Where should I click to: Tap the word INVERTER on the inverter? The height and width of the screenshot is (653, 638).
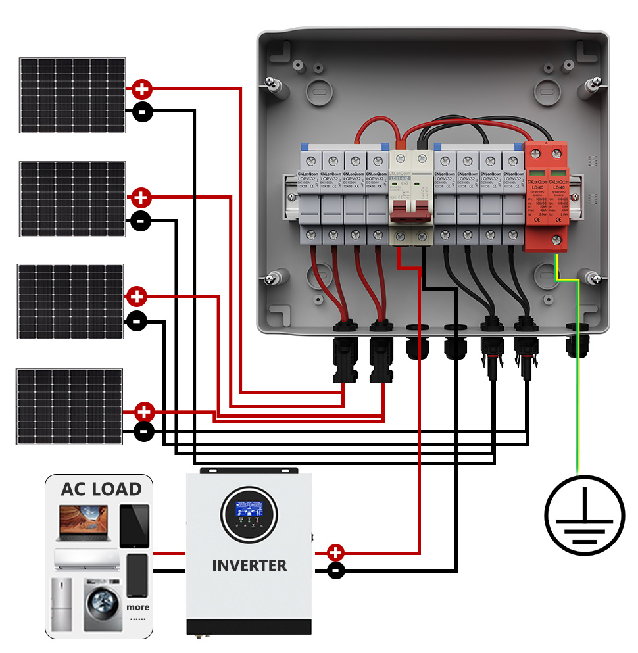[x=249, y=566]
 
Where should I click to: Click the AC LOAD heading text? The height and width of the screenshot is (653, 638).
[x=101, y=489]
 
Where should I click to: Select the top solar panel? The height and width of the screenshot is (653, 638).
[x=72, y=95]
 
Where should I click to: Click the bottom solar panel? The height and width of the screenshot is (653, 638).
[x=70, y=406]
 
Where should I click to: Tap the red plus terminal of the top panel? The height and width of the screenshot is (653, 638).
[x=142, y=89]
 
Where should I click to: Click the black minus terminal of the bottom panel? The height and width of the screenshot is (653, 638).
[x=144, y=432]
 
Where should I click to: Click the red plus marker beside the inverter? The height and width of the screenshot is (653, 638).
[x=335, y=552]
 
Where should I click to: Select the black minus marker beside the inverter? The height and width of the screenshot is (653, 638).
[x=335, y=570]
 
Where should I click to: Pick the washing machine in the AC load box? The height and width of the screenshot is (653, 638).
[x=103, y=605]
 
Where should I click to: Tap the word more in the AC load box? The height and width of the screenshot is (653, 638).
[x=138, y=607]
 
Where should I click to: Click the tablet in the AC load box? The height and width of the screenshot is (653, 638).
[x=135, y=525]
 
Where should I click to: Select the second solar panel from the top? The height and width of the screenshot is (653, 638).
[x=72, y=199]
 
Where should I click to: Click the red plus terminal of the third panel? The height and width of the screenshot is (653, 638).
[x=137, y=297]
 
